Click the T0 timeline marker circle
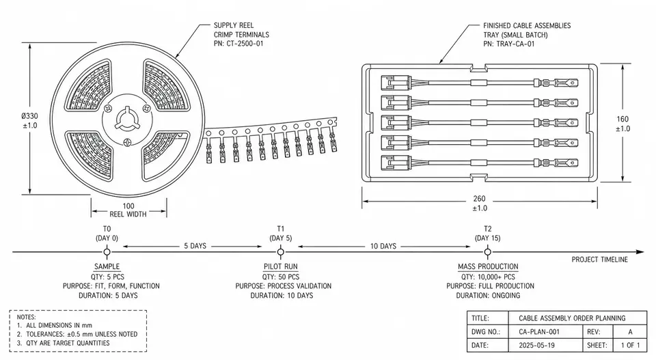(107, 251)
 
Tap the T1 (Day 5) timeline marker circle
(280, 251)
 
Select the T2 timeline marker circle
(487, 251)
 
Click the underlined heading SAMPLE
(107, 266)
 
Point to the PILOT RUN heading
(281, 266)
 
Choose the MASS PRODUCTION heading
(488, 266)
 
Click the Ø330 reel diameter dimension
(30, 116)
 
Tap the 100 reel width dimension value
(128, 206)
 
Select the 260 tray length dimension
(480, 199)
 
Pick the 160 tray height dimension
(623, 119)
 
